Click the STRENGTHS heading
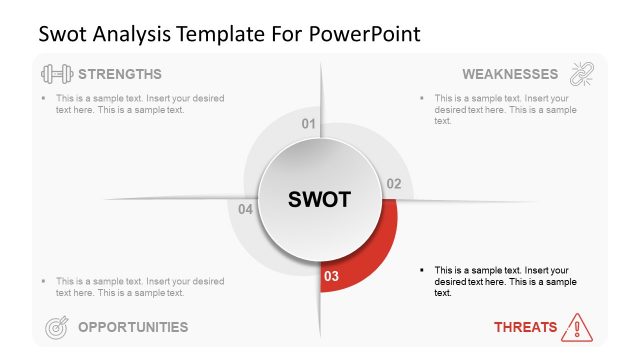119,74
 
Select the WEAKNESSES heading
510,74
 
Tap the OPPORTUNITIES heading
132,326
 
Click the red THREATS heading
524,326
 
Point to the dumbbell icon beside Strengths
56,74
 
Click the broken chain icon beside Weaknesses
581,74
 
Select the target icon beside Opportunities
57,326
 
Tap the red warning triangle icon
577,326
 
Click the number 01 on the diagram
309,124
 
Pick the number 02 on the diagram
394,184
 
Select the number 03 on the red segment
333,276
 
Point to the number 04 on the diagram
246,210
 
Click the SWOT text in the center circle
320,199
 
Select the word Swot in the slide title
61,33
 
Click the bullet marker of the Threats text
423,271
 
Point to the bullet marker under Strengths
44,99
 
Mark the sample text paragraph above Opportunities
140,287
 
